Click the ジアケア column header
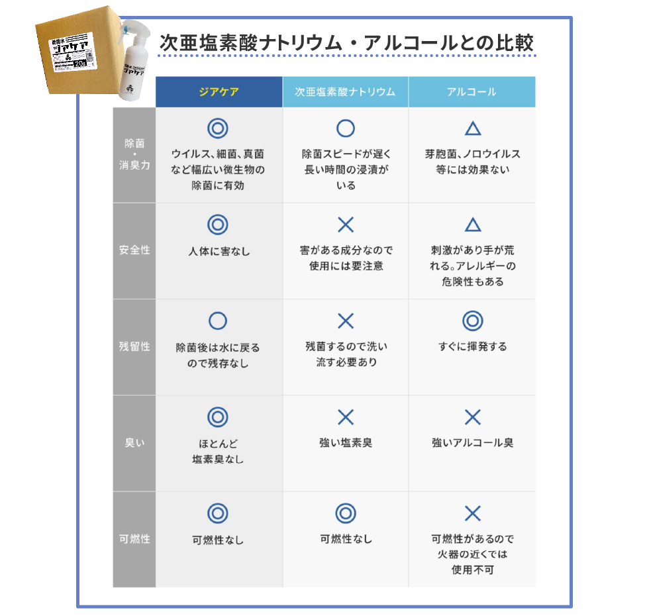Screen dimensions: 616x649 click(x=219, y=92)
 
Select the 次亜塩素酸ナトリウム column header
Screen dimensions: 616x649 click(x=345, y=92)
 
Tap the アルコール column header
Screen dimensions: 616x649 click(x=472, y=92)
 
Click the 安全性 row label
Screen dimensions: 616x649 click(x=134, y=250)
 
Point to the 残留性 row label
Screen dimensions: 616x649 click(x=134, y=346)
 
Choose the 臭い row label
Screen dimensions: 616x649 click(x=134, y=442)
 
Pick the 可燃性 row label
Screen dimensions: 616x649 click(x=134, y=539)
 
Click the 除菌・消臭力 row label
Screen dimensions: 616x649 click(x=134, y=154)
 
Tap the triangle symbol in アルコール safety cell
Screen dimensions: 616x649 click(x=472, y=225)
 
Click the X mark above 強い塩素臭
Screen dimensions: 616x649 click(x=345, y=417)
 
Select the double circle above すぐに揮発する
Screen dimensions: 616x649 click(x=472, y=321)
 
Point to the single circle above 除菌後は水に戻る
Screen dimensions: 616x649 click(x=218, y=321)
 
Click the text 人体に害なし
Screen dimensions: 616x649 click(x=218, y=252)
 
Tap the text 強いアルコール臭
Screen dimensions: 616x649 click(x=472, y=442)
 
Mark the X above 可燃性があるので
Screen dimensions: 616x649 click(x=472, y=513)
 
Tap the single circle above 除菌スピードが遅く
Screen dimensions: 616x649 click(x=346, y=128)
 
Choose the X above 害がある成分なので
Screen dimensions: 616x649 click(x=346, y=225)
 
